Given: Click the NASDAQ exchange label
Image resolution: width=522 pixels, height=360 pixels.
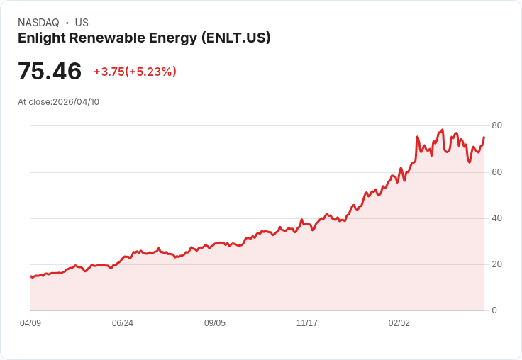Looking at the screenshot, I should point(38,23).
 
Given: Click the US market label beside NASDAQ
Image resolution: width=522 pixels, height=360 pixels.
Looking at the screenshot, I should point(82,23).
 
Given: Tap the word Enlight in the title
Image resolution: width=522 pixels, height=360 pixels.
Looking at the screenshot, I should point(40,38).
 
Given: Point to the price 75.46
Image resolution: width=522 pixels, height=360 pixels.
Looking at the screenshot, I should point(50,72).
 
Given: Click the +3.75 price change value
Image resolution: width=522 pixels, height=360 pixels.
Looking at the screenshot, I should point(109,72).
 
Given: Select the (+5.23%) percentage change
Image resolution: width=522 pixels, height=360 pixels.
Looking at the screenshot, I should point(151,72).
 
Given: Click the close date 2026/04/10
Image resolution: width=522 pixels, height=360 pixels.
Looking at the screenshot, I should point(76,102).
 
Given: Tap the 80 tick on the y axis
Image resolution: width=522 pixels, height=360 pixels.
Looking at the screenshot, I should point(496,125).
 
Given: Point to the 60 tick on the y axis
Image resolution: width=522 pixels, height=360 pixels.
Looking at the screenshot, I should point(496,172).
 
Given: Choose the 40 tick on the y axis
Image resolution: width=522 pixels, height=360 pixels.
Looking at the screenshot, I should point(496,218).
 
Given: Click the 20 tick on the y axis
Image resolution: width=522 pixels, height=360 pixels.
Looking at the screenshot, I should point(496,264).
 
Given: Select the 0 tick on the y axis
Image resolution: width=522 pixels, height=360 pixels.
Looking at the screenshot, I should point(494,310).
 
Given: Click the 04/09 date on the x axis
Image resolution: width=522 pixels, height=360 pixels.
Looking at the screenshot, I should point(30,323).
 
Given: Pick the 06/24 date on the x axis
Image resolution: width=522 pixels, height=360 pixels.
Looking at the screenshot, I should point(123,323).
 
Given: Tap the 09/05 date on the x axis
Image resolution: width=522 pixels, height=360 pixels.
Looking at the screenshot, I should point(215,323).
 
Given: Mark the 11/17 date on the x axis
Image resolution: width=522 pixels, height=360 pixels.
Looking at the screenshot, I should point(307,323).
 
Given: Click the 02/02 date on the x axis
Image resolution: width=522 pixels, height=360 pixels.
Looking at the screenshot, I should point(399,323).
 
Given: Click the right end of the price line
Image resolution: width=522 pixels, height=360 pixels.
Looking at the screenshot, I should point(484,137).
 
